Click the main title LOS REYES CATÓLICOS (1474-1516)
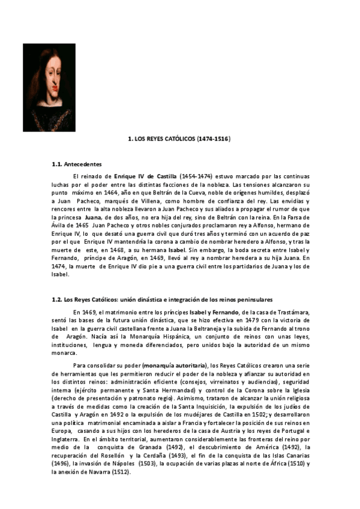tap(179, 139)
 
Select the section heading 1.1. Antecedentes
tap(77, 164)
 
